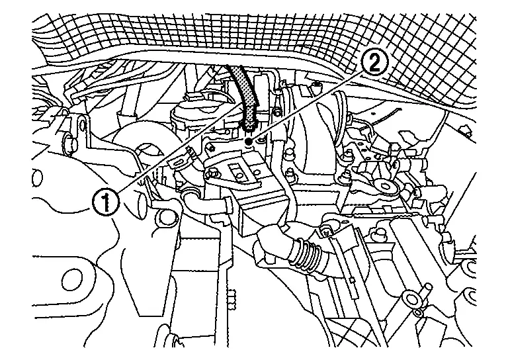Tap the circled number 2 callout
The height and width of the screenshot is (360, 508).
374,63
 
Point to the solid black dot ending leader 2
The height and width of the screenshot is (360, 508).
247,141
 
